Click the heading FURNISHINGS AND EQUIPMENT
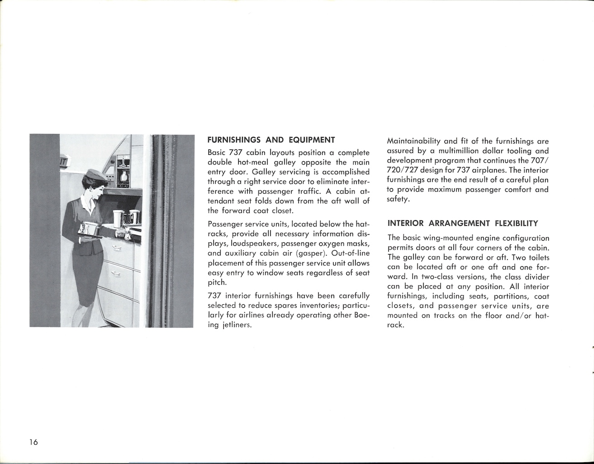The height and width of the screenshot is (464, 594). (x=271, y=140)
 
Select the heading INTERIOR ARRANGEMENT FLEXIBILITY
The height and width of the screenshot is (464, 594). (x=463, y=223)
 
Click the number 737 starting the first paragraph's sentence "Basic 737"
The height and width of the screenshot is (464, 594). (x=236, y=153)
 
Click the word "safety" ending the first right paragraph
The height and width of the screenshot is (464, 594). (x=399, y=199)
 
